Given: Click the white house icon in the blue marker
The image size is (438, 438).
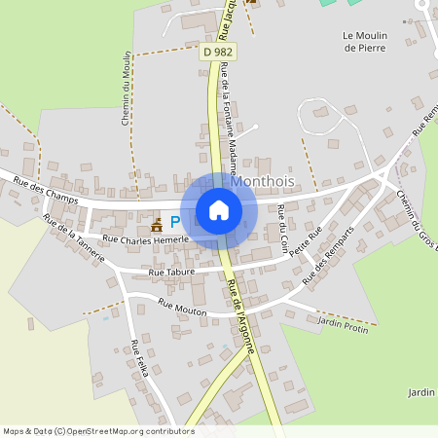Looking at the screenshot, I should [219, 210].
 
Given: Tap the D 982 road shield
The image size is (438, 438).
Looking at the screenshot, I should [216, 51].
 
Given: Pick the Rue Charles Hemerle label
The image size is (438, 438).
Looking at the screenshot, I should [143, 239].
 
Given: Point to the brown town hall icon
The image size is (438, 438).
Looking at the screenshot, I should [156, 224].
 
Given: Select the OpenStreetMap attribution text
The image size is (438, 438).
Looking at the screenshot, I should [97, 431].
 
